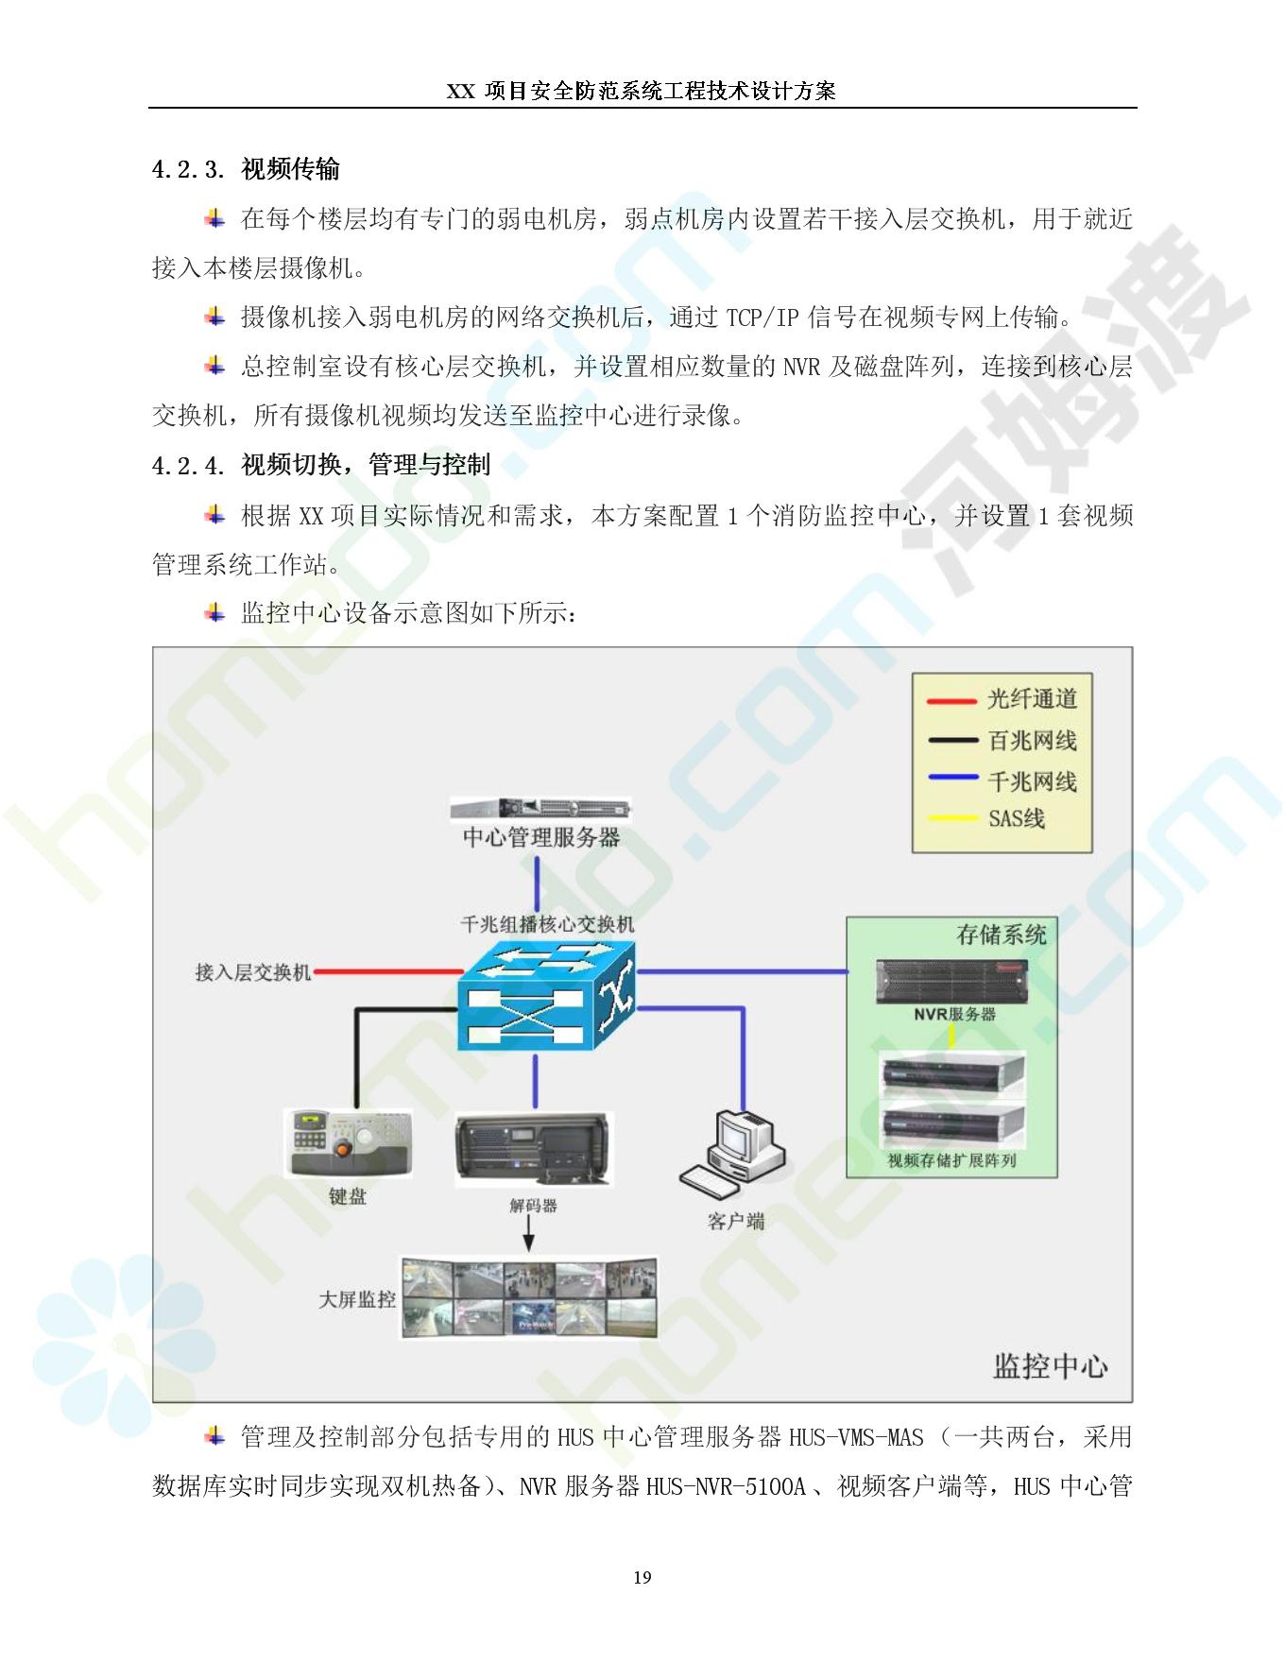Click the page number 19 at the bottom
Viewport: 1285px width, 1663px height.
pos(642,1577)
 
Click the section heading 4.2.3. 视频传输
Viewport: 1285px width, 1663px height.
pos(246,170)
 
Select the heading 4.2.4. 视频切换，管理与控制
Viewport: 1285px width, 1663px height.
pos(321,465)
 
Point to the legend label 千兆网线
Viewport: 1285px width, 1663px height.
pos(1032,781)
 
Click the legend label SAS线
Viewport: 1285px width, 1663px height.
pos(1017,818)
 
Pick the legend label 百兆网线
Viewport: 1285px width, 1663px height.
pos(1032,741)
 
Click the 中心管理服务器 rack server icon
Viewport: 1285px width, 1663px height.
pos(540,809)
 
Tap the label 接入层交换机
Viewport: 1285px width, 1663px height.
pos(253,972)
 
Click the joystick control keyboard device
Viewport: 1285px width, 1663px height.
pos(348,1142)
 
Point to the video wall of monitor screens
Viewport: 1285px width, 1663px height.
pos(529,1298)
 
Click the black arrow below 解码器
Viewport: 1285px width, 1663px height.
pos(528,1234)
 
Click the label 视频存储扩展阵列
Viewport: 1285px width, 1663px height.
pos(951,1161)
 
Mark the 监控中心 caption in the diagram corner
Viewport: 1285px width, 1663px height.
pos(1050,1365)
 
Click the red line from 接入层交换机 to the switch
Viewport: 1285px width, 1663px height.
pos(386,971)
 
